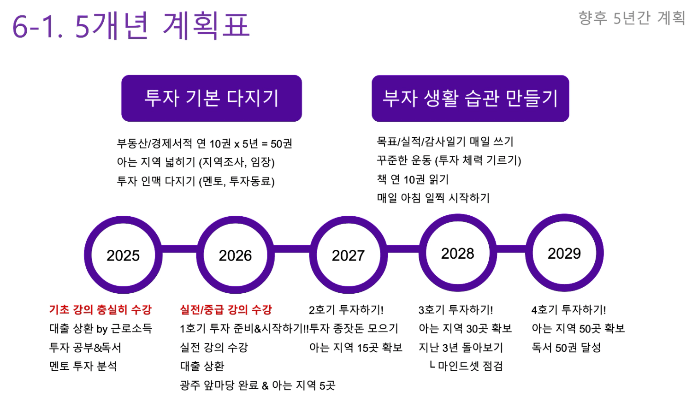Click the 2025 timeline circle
(x=123, y=255)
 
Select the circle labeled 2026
(x=235, y=255)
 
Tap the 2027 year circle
(x=348, y=255)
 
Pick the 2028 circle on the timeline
(x=457, y=253)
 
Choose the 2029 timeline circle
(x=564, y=253)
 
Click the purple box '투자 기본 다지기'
(x=212, y=98)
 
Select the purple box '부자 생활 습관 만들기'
(x=470, y=99)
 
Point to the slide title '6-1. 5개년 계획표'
(x=131, y=25)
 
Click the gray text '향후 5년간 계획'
(x=632, y=18)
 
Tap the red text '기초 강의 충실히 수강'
(x=100, y=309)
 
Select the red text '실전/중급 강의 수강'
(x=226, y=309)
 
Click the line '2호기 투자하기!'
(x=346, y=309)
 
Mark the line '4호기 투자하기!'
(x=569, y=309)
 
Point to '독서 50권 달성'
(x=566, y=348)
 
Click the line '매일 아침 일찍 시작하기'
(x=433, y=198)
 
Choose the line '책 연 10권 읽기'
(x=413, y=179)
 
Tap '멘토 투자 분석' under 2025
(x=83, y=366)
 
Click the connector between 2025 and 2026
(x=179, y=249)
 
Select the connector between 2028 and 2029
(x=511, y=249)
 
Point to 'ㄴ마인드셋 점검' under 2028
(x=466, y=366)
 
